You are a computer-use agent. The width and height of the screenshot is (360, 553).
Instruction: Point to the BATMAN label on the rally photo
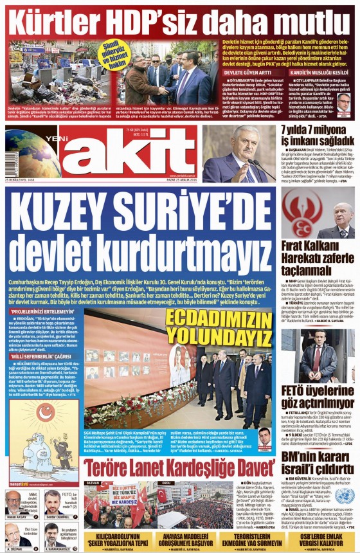[x=93, y=482]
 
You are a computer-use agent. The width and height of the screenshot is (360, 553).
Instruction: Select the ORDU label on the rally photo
[x=166, y=482]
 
